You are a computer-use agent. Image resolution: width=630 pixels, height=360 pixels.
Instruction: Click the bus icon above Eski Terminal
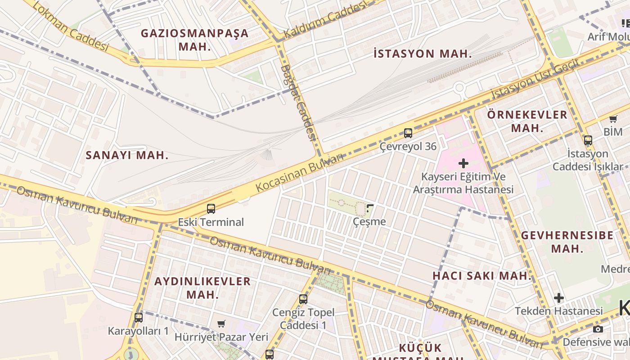(x=211, y=209)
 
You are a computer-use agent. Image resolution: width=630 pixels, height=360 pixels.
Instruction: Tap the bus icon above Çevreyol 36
(x=408, y=133)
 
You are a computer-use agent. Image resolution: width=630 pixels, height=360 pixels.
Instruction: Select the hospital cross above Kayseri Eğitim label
(x=463, y=163)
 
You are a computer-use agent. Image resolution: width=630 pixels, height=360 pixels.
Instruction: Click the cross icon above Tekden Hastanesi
(x=558, y=298)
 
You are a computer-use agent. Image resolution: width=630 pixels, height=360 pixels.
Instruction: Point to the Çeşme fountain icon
(x=370, y=208)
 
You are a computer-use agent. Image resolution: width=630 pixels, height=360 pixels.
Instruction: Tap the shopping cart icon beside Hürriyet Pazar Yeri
(x=221, y=324)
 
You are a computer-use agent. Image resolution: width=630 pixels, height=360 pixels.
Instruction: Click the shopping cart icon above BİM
(x=613, y=119)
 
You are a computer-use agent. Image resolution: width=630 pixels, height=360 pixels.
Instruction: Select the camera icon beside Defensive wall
(x=598, y=329)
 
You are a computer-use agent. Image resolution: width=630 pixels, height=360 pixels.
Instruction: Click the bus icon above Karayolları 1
(x=139, y=317)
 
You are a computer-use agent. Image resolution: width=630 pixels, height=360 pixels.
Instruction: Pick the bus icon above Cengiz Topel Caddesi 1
(x=303, y=299)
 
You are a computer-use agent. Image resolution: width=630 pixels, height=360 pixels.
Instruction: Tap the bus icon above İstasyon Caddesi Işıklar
(x=588, y=140)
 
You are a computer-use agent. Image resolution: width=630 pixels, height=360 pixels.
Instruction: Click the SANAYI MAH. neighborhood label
(x=127, y=156)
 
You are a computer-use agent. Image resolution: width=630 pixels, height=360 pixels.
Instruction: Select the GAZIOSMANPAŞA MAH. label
(x=194, y=40)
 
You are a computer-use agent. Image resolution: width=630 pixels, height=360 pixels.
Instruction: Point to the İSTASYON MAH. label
(x=423, y=54)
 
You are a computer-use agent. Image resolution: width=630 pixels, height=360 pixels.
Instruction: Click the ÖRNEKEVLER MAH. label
(x=527, y=121)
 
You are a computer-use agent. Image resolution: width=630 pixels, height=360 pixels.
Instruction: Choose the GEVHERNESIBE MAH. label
(x=567, y=242)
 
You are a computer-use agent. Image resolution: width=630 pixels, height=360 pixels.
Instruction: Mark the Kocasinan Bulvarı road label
(x=299, y=172)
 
